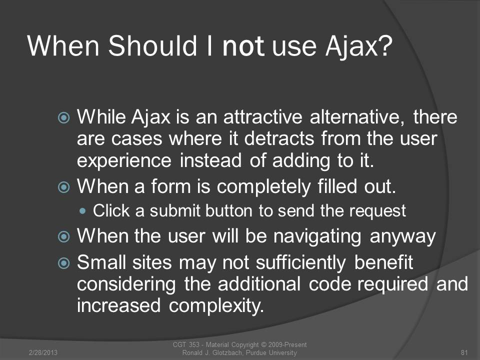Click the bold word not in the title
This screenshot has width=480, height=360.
pos(243,46)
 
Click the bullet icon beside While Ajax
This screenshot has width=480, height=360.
pos(63,117)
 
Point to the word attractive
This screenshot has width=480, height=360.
pos(262,117)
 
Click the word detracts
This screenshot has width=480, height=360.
pos(279,138)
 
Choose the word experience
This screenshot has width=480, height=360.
pos(124,161)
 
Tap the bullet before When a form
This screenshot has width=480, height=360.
pos(63,186)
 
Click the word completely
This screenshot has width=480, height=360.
pos(263,186)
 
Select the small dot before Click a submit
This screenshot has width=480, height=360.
pos(82,211)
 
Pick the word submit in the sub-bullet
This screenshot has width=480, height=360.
pos(175,211)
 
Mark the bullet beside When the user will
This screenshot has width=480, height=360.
pos(63,236)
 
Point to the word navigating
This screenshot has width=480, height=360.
pos(317,237)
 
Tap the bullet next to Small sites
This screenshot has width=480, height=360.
pos(63,263)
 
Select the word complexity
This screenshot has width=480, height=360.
pos(216,306)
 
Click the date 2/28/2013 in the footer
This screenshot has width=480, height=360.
pos(43,352)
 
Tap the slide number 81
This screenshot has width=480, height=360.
pos(464,352)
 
